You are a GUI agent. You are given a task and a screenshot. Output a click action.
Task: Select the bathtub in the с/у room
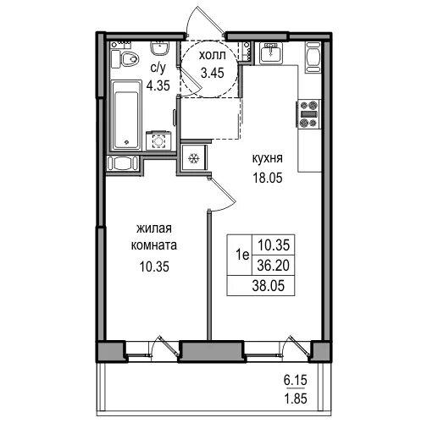click(126, 115)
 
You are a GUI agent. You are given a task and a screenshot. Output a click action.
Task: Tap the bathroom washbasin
click(160, 48)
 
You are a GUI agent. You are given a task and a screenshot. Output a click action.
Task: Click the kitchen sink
click(271, 52)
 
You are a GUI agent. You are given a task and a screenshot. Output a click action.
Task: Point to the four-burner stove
click(308, 114)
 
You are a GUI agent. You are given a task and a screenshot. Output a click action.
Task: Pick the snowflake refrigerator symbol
click(194, 158)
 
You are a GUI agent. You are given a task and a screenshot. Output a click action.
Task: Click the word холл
click(213, 55)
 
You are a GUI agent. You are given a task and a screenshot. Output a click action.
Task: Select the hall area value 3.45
click(213, 73)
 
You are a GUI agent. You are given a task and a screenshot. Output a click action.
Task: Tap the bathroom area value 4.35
click(158, 85)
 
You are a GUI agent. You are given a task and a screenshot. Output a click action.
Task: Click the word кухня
click(267, 159)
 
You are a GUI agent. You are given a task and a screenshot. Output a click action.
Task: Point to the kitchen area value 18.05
click(268, 178)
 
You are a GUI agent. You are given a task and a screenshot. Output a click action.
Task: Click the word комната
click(154, 245)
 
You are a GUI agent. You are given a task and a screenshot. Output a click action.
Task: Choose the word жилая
click(154, 228)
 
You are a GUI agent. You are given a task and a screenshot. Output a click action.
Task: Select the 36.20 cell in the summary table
click(274, 265)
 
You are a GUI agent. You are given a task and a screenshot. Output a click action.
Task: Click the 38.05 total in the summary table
click(268, 286)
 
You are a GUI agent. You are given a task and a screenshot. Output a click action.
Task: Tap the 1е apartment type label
click(242, 255)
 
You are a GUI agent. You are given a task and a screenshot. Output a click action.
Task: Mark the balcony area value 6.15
click(295, 380)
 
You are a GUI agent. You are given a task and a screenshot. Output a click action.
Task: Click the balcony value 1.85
click(295, 398)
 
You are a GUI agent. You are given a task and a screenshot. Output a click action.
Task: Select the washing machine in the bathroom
click(159, 140)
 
